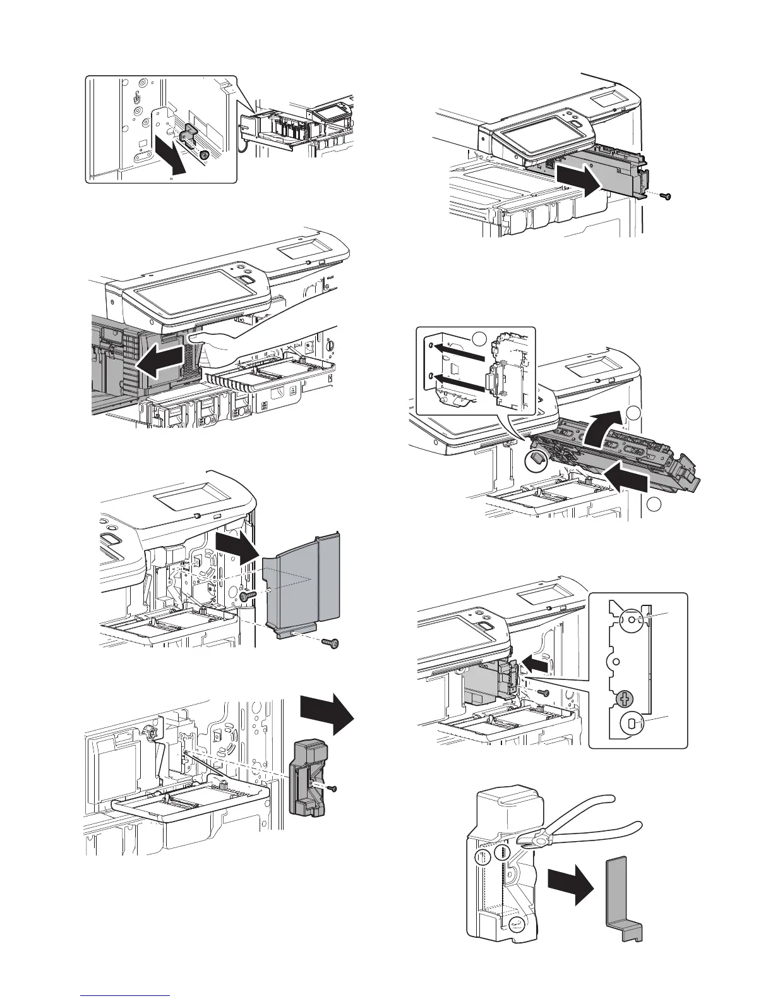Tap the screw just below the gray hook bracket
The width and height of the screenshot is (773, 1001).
pos(203,155)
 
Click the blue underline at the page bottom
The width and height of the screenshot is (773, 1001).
pos(126,995)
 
